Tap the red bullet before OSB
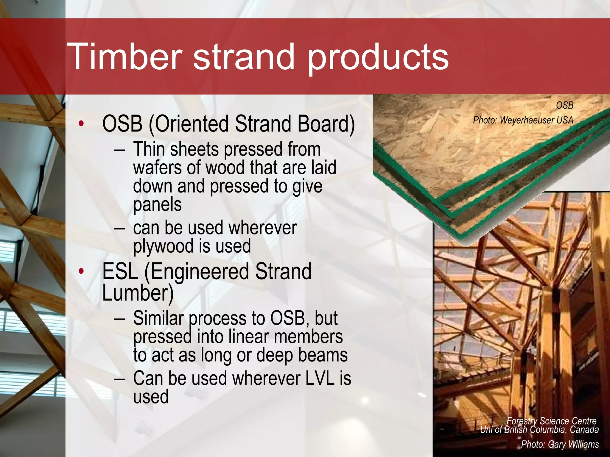tap(81, 124)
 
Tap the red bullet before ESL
tap(81, 271)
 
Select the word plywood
tap(163, 247)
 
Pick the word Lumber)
tap(138, 293)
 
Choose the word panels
tap(157, 205)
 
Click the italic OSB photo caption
tap(564, 105)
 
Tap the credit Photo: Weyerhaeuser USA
tap(523, 120)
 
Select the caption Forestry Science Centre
tap(551, 421)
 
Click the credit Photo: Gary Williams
tap(560, 444)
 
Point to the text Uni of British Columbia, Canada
tap(539, 430)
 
